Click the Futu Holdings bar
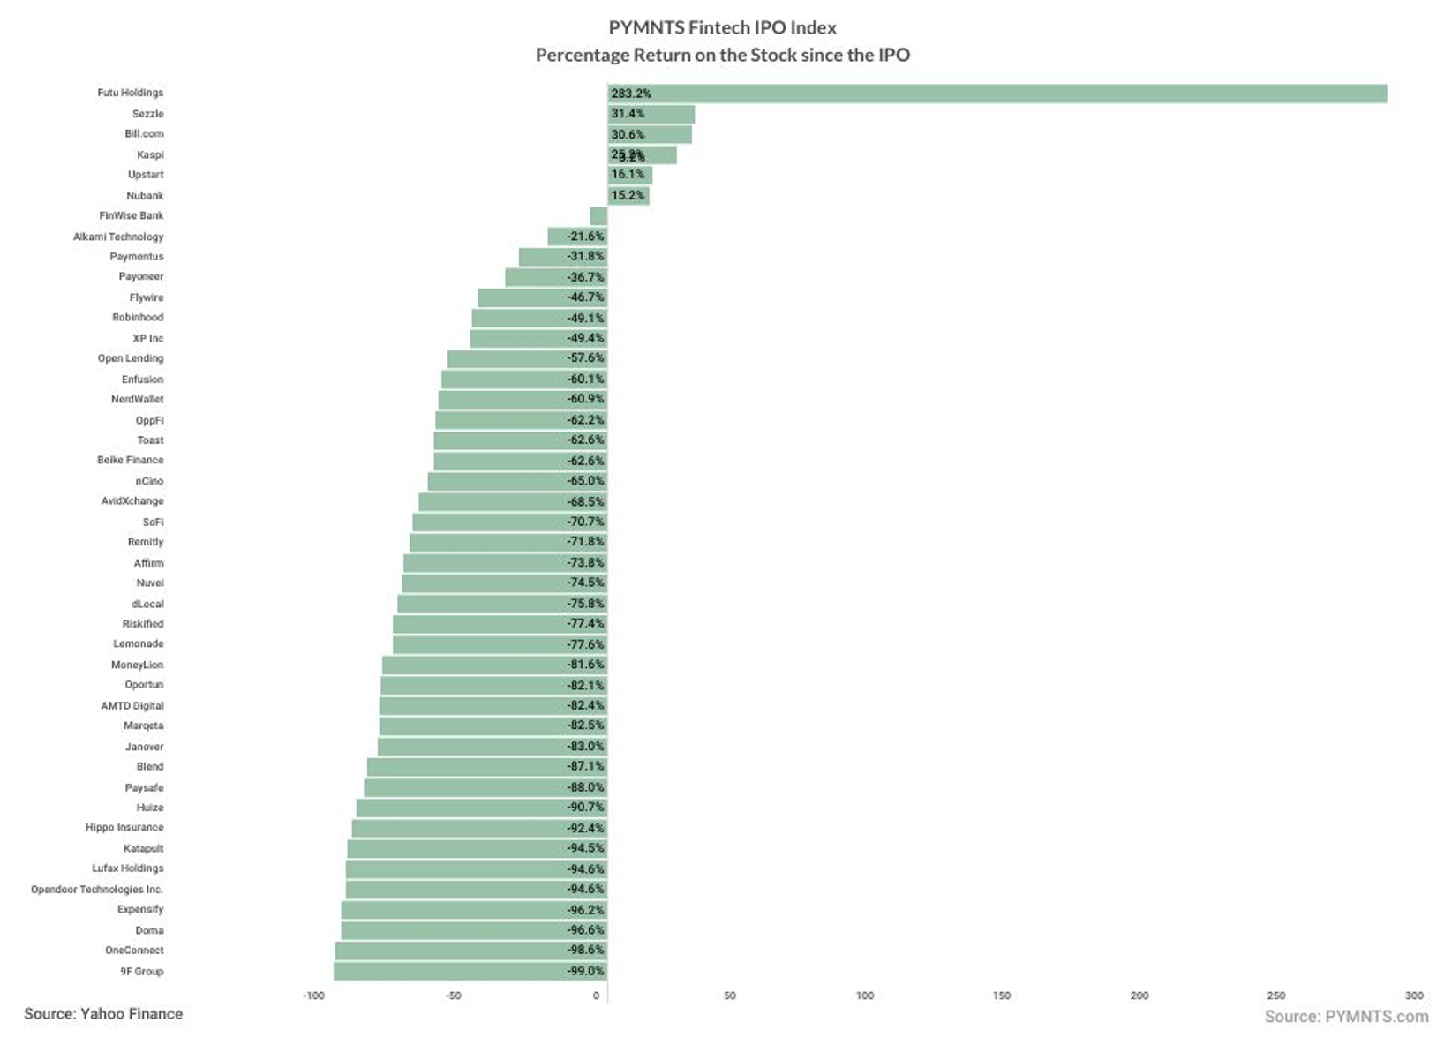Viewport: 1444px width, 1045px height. click(x=997, y=94)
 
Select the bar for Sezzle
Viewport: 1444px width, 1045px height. click(x=651, y=114)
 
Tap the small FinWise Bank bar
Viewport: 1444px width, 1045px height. click(x=598, y=216)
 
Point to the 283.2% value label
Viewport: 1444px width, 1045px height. click(x=631, y=94)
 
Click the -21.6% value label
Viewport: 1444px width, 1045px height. click(x=586, y=237)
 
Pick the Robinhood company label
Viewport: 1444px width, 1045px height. click(x=138, y=318)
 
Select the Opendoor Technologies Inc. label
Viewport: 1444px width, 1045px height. click(x=97, y=890)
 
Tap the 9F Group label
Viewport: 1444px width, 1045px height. click(x=142, y=972)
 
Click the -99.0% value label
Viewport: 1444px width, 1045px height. click(x=586, y=972)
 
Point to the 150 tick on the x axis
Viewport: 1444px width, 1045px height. click(x=1002, y=996)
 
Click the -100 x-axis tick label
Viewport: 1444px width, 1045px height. click(x=313, y=996)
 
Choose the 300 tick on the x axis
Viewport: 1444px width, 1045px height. click(x=1414, y=996)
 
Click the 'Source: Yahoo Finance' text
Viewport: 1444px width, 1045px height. click(x=103, y=1014)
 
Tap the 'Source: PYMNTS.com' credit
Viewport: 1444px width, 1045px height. click(x=1346, y=1017)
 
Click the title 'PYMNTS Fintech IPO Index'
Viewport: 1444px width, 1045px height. click(x=722, y=28)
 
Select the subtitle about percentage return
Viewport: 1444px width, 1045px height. click(x=722, y=56)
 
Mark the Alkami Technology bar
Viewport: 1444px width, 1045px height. click(x=577, y=237)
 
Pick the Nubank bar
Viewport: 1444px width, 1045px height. click(x=628, y=196)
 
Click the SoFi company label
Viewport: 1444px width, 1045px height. click(x=153, y=522)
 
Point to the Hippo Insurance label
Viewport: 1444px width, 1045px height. click(x=124, y=828)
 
